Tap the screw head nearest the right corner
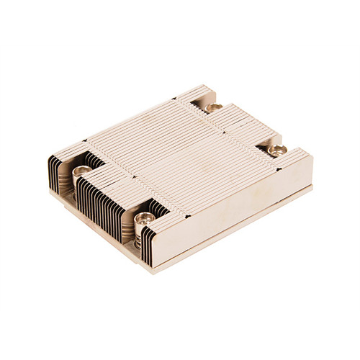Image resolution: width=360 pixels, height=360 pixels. pyautogui.click(x=277, y=150)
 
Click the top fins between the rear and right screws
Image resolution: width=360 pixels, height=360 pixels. pyautogui.click(x=245, y=126)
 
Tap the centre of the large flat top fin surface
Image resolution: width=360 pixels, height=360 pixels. pyautogui.click(x=180, y=155)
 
